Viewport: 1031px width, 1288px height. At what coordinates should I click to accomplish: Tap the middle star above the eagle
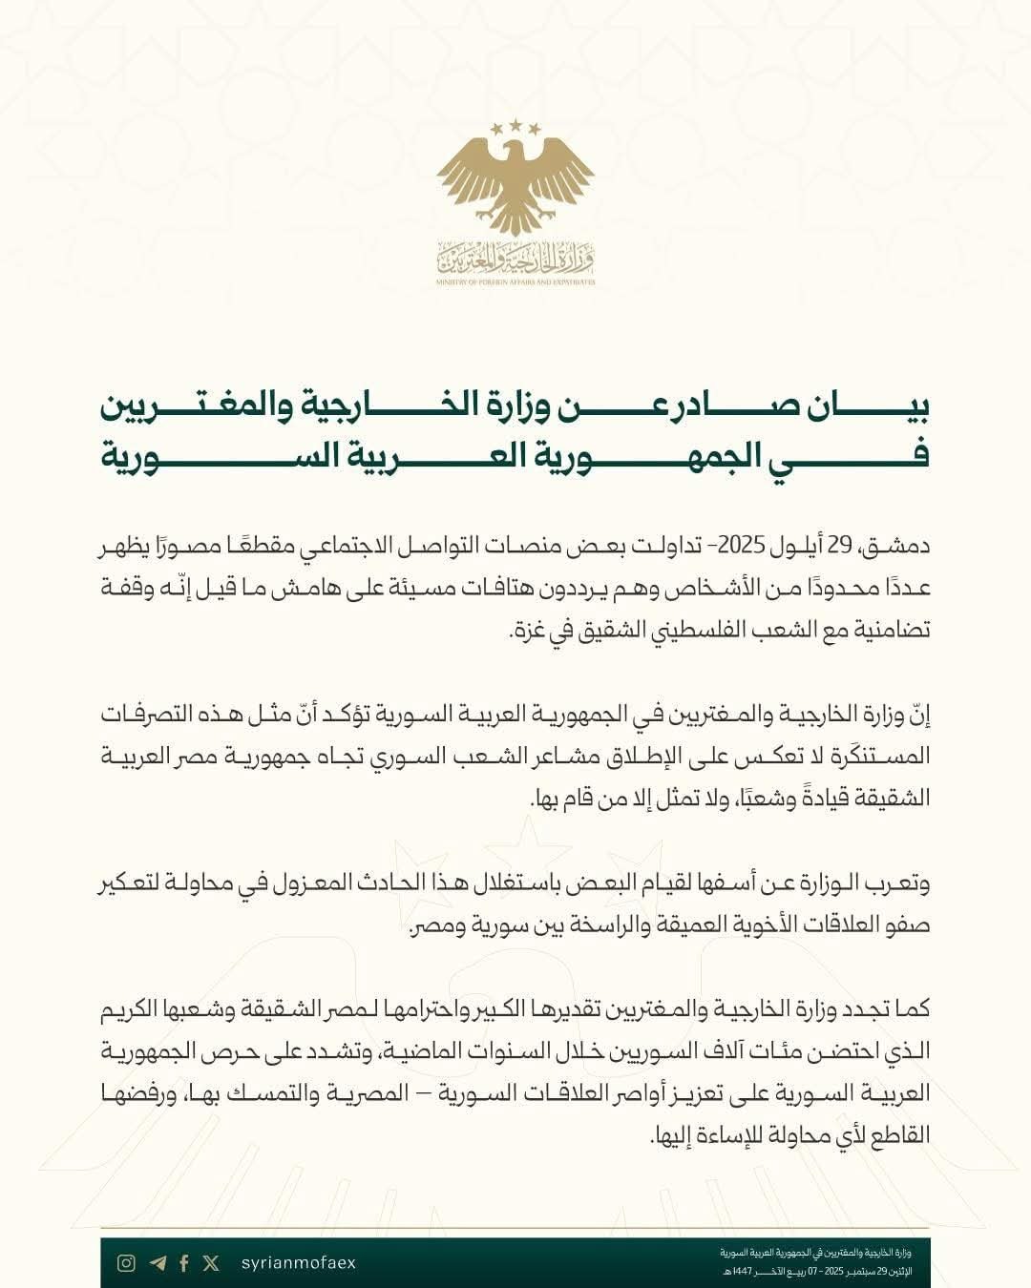click(x=515, y=124)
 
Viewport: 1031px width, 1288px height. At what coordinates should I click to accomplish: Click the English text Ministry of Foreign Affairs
click(x=515, y=282)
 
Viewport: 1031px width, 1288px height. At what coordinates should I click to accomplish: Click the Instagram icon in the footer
click(x=126, y=1263)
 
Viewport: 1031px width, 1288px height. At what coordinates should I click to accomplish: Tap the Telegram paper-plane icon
click(x=158, y=1263)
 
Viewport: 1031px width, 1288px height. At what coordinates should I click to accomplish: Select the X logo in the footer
click(x=211, y=1263)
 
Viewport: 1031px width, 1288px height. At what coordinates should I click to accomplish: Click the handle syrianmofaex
click(x=299, y=1263)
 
